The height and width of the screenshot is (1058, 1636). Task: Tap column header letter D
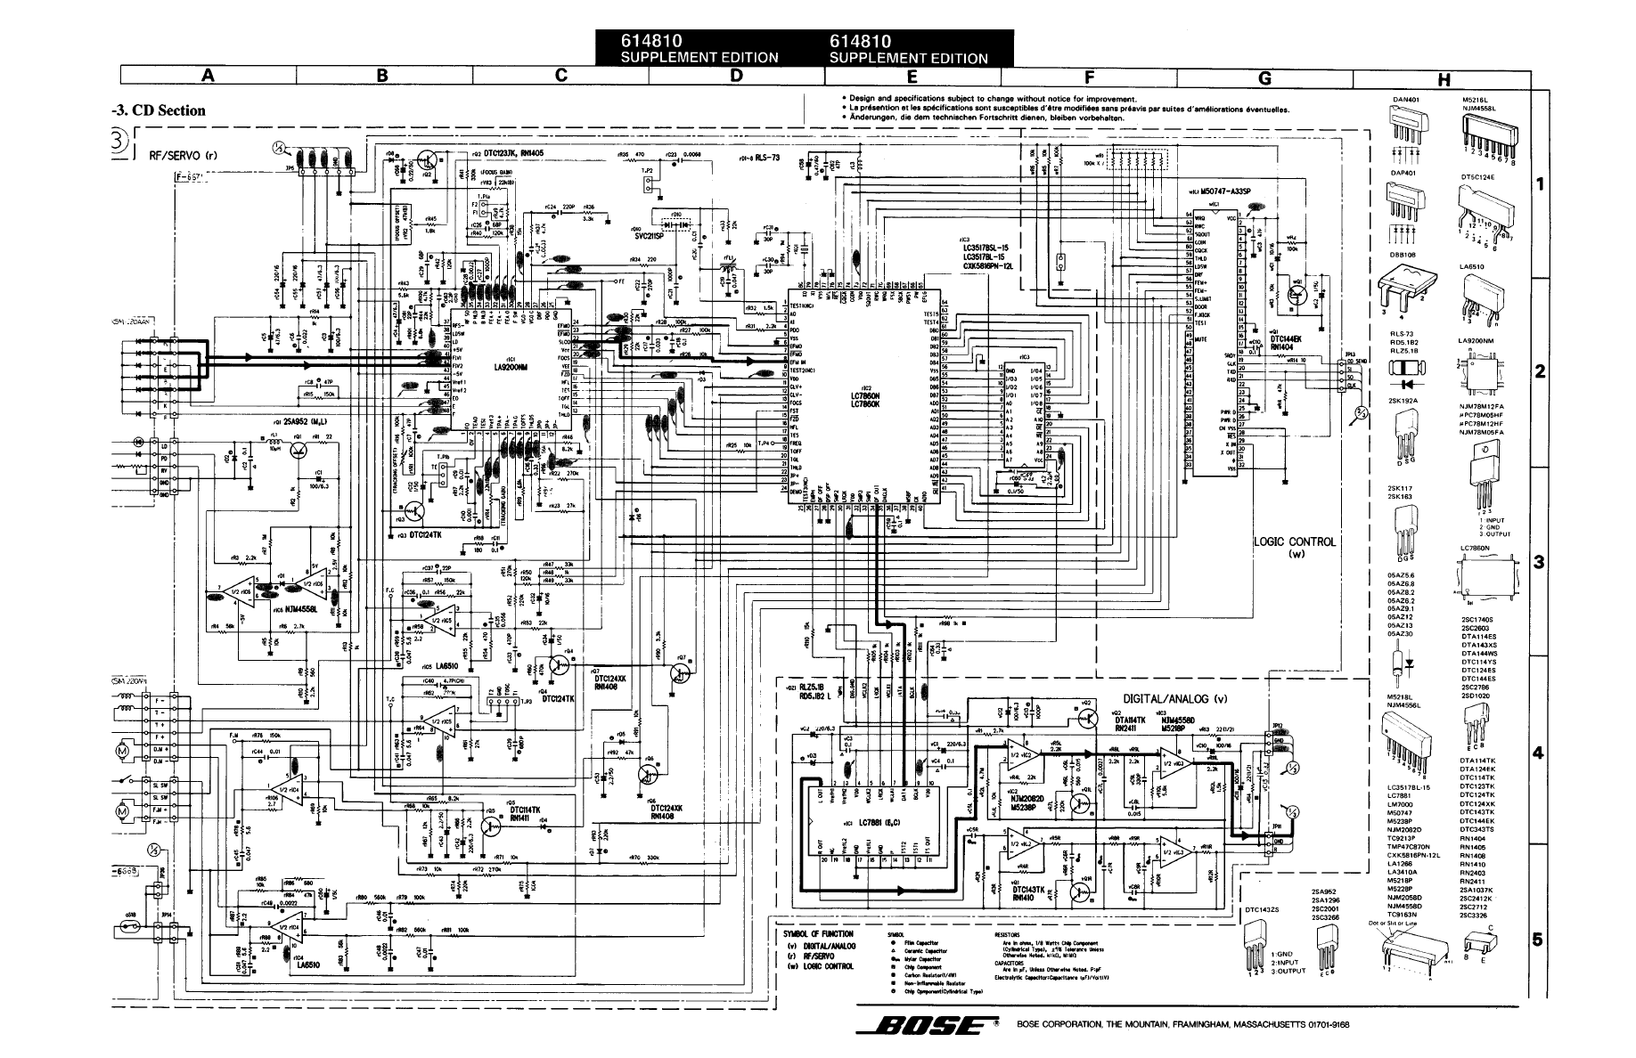(x=735, y=76)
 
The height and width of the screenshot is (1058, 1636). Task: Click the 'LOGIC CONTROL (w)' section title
(x=1294, y=547)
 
